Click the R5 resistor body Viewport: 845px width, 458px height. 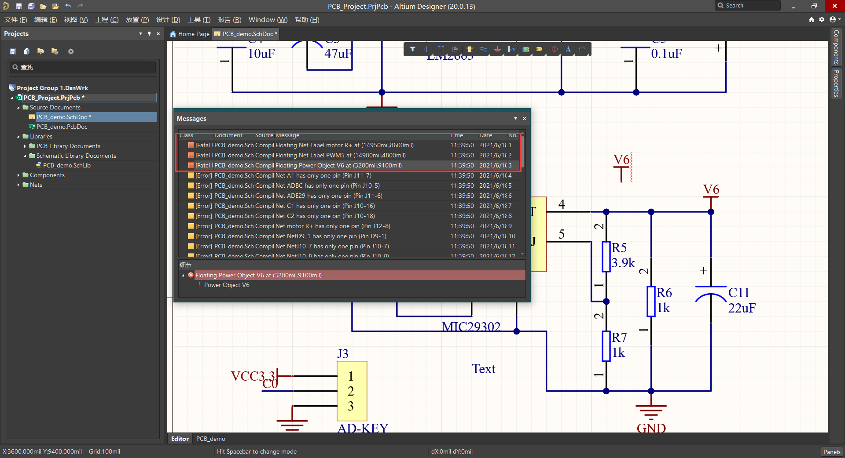tap(606, 256)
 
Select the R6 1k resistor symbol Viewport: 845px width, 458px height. tap(651, 301)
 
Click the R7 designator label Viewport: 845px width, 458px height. tap(619, 338)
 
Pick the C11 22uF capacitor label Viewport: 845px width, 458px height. tap(741, 300)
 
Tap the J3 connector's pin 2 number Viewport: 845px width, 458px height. tap(350, 391)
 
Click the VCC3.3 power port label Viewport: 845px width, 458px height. tap(253, 376)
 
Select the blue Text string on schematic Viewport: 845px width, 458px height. tap(483, 369)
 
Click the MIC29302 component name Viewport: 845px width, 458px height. tap(471, 327)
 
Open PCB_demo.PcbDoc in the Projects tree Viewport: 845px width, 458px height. tap(62, 127)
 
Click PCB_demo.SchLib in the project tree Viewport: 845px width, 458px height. tap(66, 165)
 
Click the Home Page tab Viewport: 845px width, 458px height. tap(190, 34)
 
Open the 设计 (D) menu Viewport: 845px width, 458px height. tap(168, 20)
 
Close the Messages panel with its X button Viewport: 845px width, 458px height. tap(524, 119)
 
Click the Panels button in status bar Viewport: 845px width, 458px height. tap(831, 451)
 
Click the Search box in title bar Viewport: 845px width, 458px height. tap(748, 6)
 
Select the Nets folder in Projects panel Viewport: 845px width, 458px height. tap(36, 185)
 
